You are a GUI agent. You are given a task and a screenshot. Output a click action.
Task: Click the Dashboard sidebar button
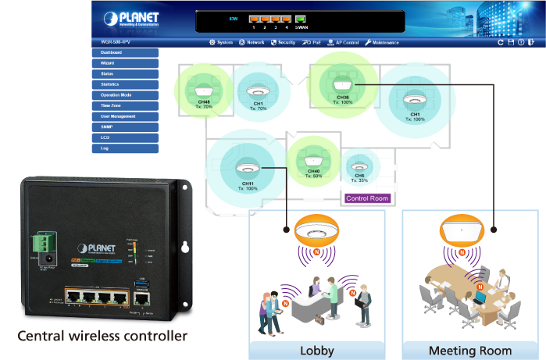125,52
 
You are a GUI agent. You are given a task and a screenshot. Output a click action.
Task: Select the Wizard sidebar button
125,63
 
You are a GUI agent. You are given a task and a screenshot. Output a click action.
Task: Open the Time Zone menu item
125,105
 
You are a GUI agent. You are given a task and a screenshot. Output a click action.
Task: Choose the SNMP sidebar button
125,127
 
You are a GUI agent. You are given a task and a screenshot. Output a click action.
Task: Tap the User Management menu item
125,116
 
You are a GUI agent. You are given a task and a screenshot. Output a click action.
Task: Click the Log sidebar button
125,148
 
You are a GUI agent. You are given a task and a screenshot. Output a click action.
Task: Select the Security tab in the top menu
283,42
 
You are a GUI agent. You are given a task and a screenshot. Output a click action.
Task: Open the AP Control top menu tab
342,42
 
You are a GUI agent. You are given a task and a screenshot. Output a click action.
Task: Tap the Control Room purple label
367,198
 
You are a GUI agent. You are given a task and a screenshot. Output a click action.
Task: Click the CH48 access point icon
205,88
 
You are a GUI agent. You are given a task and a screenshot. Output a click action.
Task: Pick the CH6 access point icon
359,166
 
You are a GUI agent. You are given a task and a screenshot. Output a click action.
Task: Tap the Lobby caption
316,350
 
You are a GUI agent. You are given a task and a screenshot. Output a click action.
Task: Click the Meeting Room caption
470,350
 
